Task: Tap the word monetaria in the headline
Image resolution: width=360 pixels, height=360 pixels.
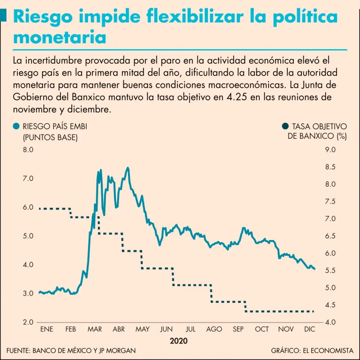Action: [x=60, y=37]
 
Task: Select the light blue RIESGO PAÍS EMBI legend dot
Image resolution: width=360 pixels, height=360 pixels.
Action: [x=17, y=127]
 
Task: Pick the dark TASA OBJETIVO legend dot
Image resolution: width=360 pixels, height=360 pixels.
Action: [x=285, y=127]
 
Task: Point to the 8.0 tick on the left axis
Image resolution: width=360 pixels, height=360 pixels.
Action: [x=28, y=150]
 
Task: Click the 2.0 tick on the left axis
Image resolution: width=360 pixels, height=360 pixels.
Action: [x=28, y=322]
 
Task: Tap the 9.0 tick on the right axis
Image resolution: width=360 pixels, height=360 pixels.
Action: [x=330, y=150]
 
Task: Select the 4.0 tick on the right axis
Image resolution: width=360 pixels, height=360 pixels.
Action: [x=330, y=322]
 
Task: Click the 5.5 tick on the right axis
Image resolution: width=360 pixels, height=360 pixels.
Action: [x=330, y=270]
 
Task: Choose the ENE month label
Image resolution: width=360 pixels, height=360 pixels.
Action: [x=47, y=330]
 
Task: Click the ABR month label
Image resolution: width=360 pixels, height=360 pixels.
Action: [x=119, y=330]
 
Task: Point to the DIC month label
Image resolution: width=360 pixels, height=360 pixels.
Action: [x=310, y=330]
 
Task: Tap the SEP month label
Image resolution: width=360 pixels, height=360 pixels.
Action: [x=238, y=330]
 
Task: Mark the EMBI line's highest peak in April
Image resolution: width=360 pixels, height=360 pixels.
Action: [x=128, y=167]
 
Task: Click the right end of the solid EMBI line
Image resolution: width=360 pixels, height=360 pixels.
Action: [x=315, y=269]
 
